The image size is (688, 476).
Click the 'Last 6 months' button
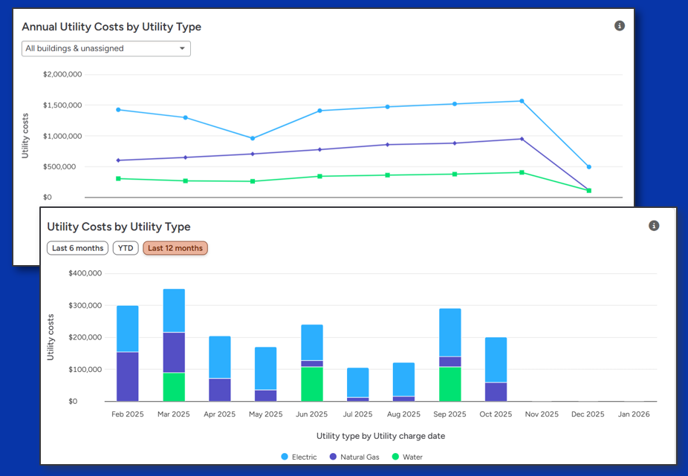(77, 248)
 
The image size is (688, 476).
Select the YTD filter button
(126, 248)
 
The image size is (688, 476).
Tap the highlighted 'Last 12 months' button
(175, 248)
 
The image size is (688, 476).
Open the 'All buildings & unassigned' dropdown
(106, 49)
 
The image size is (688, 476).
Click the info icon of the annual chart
(620, 26)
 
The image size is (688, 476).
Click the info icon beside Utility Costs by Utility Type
(654, 226)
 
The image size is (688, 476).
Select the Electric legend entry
(299, 457)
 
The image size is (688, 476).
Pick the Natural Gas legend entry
(354, 457)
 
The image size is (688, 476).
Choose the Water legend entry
(407, 457)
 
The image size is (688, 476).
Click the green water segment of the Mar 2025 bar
(174, 386)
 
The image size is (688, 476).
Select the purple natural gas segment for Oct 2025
(496, 391)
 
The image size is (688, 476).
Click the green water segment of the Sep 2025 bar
(450, 384)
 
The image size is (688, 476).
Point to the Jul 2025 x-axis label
(357, 414)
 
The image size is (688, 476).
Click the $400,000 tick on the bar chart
(85, 273)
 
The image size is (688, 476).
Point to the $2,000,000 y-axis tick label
(62, 74)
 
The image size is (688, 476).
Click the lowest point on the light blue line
(589, 167)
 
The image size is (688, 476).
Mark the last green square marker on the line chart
(589, 191)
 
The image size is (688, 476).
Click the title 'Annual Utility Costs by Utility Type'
(111, 27)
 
